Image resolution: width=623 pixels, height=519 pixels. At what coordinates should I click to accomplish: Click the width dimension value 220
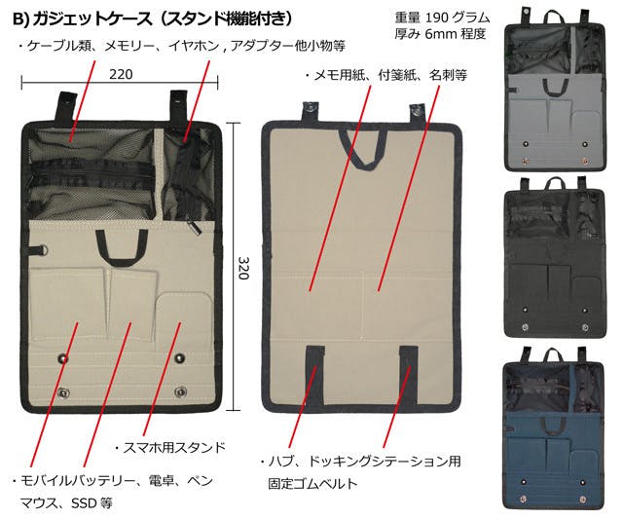pos(121,74)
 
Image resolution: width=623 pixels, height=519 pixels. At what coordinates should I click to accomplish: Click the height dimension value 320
pos(243,268)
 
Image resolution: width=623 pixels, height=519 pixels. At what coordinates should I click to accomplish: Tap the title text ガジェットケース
pos(92,19)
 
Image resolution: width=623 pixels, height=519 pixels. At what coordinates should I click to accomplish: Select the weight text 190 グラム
pos(458,18)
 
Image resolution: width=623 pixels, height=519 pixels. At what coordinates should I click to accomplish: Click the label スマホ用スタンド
pos(174,448)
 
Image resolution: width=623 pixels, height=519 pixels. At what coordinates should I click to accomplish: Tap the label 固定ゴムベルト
pos(312,483)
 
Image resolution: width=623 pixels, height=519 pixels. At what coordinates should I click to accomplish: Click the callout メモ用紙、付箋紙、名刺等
pos(390,75)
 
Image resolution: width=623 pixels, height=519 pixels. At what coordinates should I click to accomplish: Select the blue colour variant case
pos(554,428)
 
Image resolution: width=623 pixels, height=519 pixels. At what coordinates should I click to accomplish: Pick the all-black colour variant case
pos(555,258)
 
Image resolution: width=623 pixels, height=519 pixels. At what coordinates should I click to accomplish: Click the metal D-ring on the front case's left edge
pos(43,251)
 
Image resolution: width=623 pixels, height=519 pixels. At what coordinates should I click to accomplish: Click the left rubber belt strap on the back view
pos(315,375)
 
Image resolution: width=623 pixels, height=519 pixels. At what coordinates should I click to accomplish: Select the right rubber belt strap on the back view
pos(409,375)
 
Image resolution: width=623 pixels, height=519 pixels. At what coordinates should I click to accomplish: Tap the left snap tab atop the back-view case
pos(310,111)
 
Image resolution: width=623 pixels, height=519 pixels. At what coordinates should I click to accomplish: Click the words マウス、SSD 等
pos(66,503)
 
